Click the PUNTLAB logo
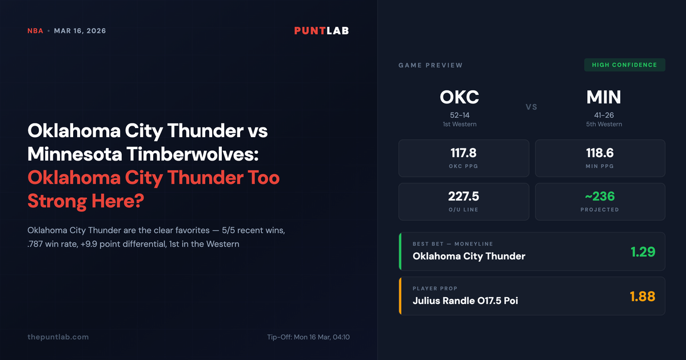pyautogui.click(x=321, y=31)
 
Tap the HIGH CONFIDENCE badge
pyautogui.click(x=624, y=65)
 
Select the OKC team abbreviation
pyautogui.click(x=460, y=97)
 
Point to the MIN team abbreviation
pyautogui.click(x=604, y=97)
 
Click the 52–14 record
pyautogui.click(x=460, y=114)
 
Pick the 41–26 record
pyautogui.click(x=604, y=114)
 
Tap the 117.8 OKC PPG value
pyautogui.click(x=463, y=153)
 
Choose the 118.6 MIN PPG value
pyautogui.click(x=600, y=153)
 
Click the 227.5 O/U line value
pyautogui.click(x=463, y=197)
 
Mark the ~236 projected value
pyautogui.click(x=600, y=197)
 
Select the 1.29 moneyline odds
pyautogui.click(x=643, y=251)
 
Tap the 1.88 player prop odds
pyautogui.click(x=642, y=296)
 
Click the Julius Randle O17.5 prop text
pyautogui.click(x=465, y=301)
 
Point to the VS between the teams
pyautogui.click(x=532, y=107)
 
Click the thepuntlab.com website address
pyautogui.click(x=58, y=337)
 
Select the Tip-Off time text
pyautogui.click(x=308, y=337)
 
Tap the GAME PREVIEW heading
pyautogui.click(x=430, y=65)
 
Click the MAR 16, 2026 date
pyautogui.click(x=79, y=31)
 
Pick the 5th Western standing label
pyautogui.click(x=604, y=124)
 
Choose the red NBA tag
pyautogui.click(x=35, y=31)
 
